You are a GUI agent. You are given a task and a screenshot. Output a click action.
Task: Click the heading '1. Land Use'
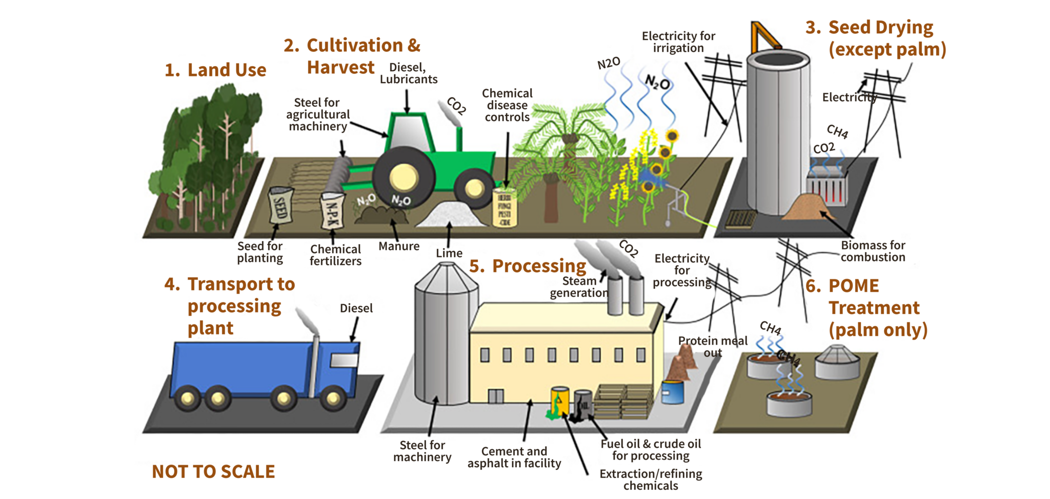pos(215,70)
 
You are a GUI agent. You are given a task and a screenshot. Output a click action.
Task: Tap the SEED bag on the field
pos(281,205)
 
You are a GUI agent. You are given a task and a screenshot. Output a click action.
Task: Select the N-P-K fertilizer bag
pos(331,210)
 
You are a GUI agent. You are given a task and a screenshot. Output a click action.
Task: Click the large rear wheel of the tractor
pos(403,177)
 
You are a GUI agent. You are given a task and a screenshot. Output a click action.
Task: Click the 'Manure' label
pos(399,246)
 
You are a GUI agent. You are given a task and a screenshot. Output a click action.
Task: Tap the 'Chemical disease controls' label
pos(507,105)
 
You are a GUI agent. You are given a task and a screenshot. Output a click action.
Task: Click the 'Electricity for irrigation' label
pos(678,42)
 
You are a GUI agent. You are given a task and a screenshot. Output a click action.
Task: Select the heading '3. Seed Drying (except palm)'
pos(876,38)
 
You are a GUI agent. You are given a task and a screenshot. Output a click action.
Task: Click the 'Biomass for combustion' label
pos(873,251)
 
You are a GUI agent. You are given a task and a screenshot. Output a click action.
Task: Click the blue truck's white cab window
pos(344,361)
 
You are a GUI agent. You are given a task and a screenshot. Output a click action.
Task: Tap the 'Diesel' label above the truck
pos(356,308)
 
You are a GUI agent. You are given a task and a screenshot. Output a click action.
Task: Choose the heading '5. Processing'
pos(528,266)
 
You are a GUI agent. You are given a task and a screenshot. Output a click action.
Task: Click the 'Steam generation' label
pos(579,287)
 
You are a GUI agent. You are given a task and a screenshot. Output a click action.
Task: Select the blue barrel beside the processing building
pos(672,392)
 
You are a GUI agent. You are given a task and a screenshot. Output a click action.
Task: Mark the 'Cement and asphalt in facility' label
pos(514,457)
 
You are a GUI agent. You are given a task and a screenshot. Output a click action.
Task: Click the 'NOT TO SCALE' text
pos(213,472)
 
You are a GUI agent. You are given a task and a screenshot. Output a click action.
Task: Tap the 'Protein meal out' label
pos(713,347)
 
